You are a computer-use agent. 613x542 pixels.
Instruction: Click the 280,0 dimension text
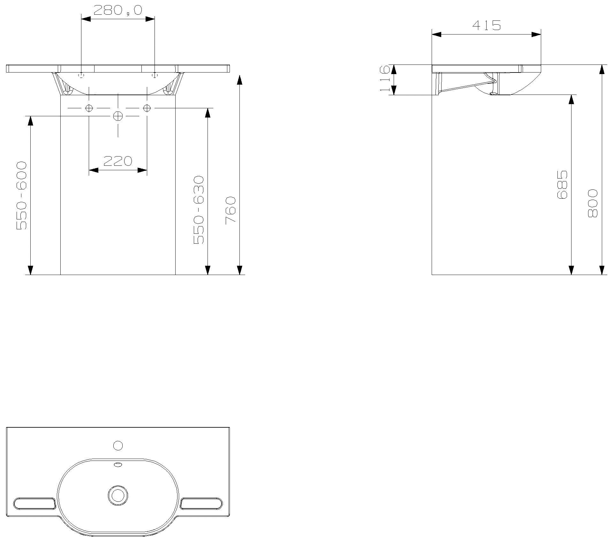tap(117, 10)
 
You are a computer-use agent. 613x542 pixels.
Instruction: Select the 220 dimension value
tap(117, 161)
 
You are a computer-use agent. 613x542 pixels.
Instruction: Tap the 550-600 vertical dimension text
tap(22, 195)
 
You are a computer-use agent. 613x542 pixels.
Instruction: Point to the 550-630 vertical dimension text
tap(199, 210)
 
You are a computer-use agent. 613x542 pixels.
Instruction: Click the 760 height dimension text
tap(231, 210)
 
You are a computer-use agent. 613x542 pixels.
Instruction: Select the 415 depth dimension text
tap(486, 25)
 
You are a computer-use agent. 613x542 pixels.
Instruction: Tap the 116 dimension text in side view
tap(385, 79)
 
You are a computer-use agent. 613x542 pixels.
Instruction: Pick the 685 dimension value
tap(562, 185)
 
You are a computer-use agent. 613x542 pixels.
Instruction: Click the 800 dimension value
tap(593, 203)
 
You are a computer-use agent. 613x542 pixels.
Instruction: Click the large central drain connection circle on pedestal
tap(118, 116)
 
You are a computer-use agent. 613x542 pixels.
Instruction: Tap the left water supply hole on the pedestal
tap(89, 108)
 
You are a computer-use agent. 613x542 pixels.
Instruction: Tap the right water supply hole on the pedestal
tap(147, 108)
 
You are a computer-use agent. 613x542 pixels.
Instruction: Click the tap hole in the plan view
tap(118, 445)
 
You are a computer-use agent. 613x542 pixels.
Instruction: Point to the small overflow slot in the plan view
tap(118, 464)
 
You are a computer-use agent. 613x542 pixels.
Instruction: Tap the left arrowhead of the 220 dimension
tap(93, 170)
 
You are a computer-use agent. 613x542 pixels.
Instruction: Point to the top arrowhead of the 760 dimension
tap(240, 80)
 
